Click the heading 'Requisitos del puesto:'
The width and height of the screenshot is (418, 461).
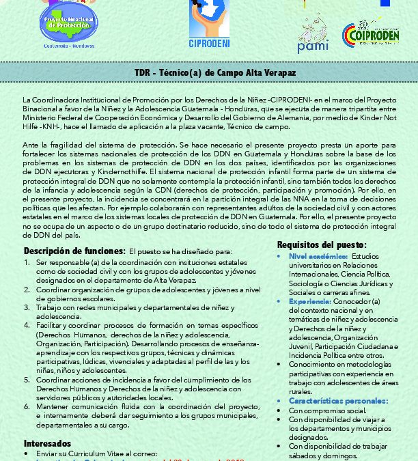tap(322, 245)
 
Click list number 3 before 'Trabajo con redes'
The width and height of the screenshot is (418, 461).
tap(26, 308)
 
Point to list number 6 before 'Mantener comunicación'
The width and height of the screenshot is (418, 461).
tap(26, 406)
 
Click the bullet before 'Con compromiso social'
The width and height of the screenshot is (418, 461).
tap(281, 410)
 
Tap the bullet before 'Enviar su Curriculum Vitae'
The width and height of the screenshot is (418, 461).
tap(26, 453)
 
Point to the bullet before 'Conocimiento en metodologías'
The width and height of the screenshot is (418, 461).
tap(281, 365)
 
